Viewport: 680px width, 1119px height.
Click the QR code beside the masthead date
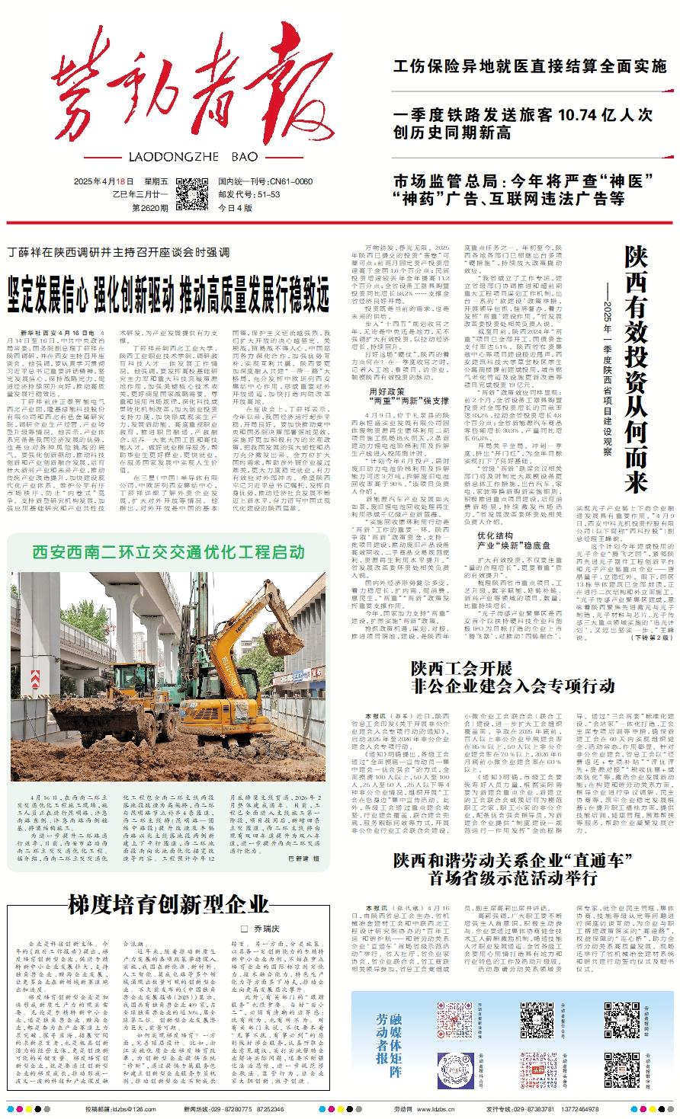pos(192,193)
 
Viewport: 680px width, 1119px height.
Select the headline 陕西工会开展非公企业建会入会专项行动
pos(512,678)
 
